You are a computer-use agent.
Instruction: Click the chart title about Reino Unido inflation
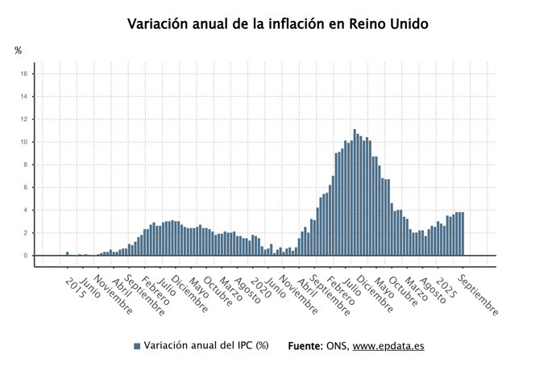278,24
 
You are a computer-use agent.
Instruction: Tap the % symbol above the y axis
19,51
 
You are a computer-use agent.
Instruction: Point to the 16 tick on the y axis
24,74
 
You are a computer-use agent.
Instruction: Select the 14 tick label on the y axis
24,97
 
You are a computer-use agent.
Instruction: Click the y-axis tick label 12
24,119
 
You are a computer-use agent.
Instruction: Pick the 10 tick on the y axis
24,142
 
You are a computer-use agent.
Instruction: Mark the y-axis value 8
26,165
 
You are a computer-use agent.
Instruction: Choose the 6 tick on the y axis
26,187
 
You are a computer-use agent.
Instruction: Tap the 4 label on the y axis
26,211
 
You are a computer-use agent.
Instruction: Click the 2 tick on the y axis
26,233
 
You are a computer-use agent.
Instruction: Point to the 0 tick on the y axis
26,256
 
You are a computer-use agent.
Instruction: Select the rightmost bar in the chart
463,234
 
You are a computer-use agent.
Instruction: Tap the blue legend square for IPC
137,346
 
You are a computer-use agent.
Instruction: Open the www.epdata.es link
388,346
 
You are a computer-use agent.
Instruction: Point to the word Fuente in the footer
305,346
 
